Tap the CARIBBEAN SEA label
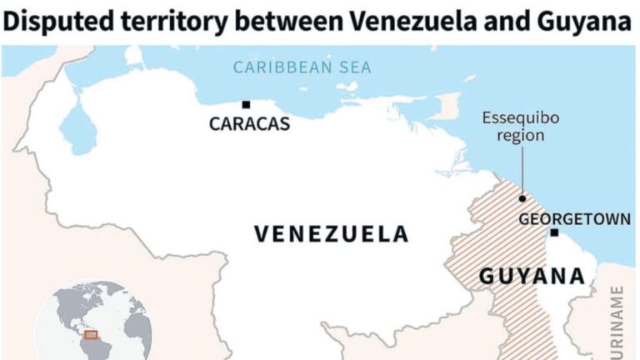tap(302, 67)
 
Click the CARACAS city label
tap(249, 124)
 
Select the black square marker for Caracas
tap(246, 105)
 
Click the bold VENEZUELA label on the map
tap(331, 234)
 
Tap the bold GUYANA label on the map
tap(531, 276)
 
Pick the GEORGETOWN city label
tap(573, 219)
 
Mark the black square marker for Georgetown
tap(554, 233)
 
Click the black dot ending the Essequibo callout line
tap(522, 198)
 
